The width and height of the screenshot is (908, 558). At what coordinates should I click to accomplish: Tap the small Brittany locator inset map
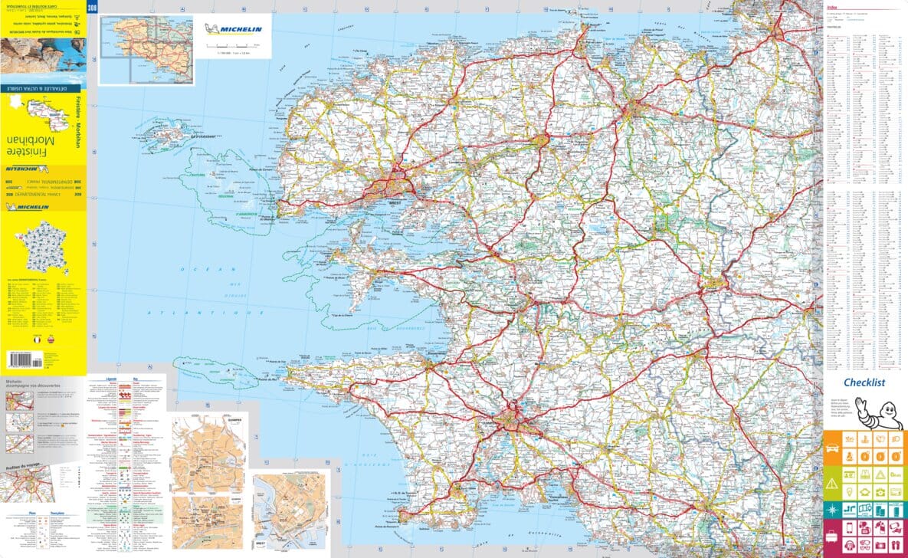(146, 49)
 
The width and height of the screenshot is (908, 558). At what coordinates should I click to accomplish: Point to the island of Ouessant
(162, 138)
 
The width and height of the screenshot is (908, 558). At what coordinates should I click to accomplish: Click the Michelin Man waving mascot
(883, 413)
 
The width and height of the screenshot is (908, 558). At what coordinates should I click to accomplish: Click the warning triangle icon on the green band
(833, 482)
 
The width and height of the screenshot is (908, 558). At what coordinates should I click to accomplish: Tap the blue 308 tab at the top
(93, 8)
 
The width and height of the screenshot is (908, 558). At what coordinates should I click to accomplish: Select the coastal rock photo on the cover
(43, 56)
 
